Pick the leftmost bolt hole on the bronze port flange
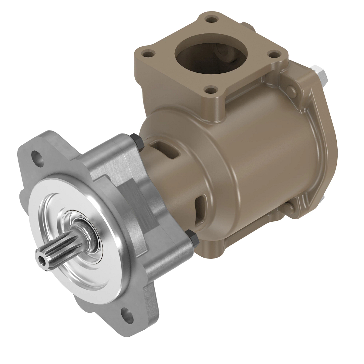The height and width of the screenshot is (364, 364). click(148, 54)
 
